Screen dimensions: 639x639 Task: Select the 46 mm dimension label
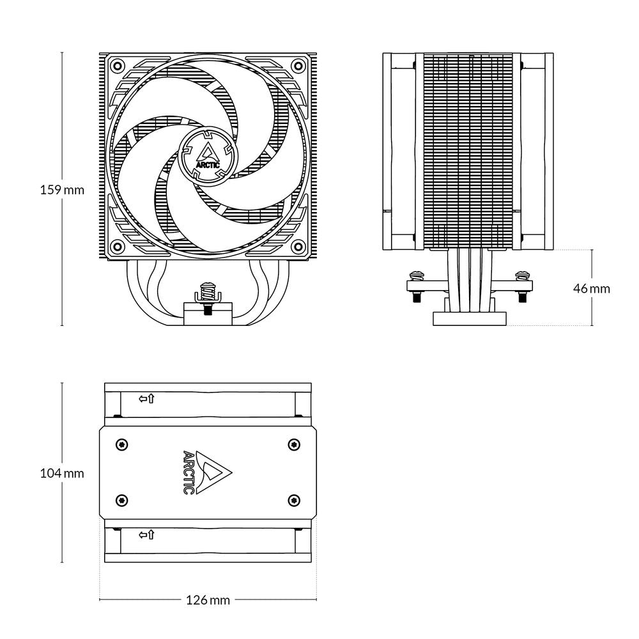point(591,288)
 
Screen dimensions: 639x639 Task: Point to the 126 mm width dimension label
point(208,600)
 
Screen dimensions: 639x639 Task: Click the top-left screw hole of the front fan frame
point(116,65)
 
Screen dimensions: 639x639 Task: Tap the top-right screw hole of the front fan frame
point(298,65)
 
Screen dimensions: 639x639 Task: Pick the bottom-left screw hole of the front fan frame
point(116,246)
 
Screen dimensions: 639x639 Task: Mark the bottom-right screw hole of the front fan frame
point(298,246)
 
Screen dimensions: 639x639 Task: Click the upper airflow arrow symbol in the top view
point(146,399)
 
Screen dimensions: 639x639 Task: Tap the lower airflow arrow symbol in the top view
point(146,534)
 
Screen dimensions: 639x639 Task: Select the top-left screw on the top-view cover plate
point(121,444)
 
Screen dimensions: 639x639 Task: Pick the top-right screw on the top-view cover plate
point(293,444)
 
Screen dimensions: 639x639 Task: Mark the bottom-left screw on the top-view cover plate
point(121,500)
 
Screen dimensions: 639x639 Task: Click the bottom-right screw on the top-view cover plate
point(293,500)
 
